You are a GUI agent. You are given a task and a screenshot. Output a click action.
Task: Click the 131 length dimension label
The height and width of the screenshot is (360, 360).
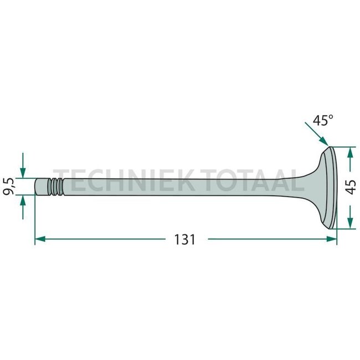tap(184, 239)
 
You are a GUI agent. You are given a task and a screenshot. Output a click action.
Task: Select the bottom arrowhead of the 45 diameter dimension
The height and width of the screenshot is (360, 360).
tap(348, 223)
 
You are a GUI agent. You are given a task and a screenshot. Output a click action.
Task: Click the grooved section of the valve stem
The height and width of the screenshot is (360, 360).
tap(56, 186)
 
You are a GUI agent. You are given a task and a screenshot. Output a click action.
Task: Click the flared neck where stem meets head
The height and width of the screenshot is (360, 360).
tap(307, 186)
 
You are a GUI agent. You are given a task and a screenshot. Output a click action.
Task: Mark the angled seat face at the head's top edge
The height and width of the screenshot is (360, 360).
tap(327, 148)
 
